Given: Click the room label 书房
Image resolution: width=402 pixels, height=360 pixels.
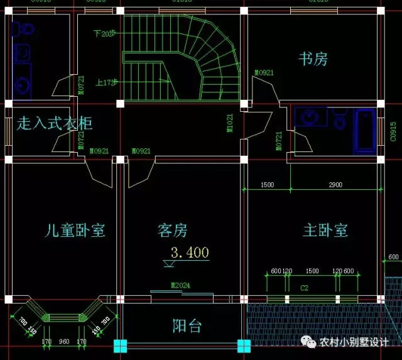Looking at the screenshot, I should [x=313, y=60].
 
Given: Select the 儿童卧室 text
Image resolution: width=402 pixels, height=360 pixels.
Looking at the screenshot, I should [x=75, y=231].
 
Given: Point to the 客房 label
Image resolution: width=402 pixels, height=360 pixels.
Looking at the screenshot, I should [x=172, y=231].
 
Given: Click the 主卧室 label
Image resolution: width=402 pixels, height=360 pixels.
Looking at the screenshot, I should [x=325, y=230].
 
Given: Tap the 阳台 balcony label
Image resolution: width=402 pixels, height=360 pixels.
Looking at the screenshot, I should [x=187, y=326].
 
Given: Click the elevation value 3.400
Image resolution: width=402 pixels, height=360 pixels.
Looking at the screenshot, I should [x=190, y=253].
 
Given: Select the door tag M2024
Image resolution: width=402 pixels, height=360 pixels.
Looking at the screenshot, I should [x=180, y=286].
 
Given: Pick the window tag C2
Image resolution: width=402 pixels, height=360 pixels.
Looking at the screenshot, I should [x=304, y=288].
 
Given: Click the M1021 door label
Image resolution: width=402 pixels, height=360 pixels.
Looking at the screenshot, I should [x=230, y=123].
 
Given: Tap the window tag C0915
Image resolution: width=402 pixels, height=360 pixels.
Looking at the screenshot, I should [x=393, y=133].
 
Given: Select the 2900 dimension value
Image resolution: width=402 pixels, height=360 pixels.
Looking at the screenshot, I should [x=335, y=185].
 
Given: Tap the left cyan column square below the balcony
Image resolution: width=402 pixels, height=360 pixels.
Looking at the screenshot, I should [x=120, y=345].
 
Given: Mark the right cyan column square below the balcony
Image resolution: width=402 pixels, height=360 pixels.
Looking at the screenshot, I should [x=243, y=345].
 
